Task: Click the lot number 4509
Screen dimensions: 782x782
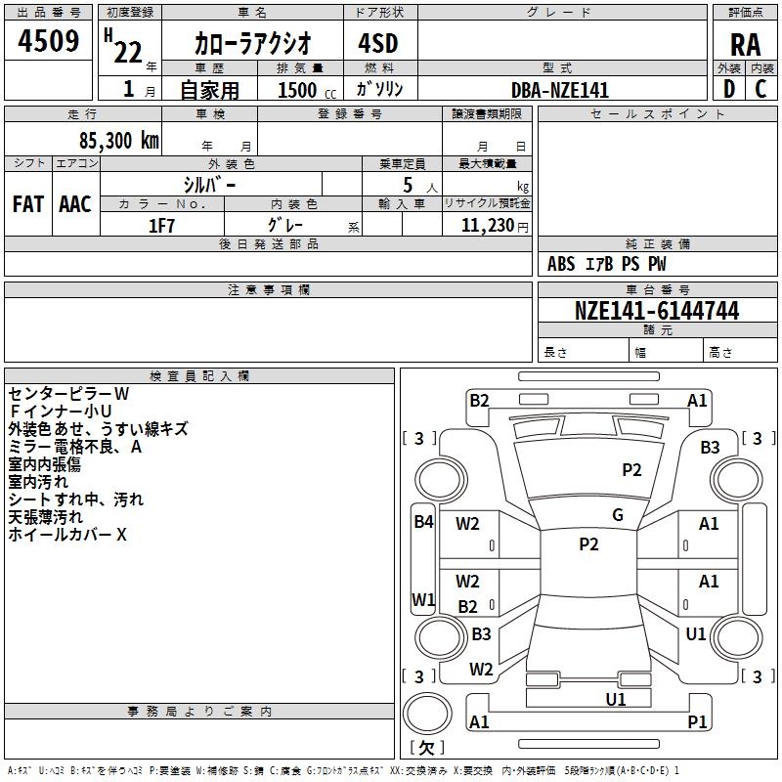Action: [x=48, y=41]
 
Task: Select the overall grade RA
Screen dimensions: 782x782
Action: [x=746, y=45]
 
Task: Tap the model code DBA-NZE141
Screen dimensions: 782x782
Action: [x=560, y=90]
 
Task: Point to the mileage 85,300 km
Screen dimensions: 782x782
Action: [x=118, y=140]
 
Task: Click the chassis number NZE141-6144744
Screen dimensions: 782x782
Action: [x=657, y=311]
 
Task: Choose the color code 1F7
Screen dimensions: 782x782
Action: [x=161, y=226]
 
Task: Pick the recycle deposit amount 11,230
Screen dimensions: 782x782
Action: [x=488, y=226]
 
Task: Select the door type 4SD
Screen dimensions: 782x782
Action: [x=378, y=43]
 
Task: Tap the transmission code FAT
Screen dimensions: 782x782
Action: [x=28, y=204]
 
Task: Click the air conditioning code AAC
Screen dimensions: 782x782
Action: [x=75, y=204]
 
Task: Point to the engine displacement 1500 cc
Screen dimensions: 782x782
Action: [x=307, y=90]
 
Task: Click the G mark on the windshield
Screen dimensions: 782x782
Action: [x=618, y=515]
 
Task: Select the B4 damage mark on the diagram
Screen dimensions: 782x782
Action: [x=423, y=522]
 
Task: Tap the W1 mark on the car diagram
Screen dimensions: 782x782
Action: [x=423, y=599]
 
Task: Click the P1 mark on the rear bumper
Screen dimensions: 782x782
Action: [x=697, y=721]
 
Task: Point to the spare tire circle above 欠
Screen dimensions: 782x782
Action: [x=427, y=714]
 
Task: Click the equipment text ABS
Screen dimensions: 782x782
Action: [x=561, y=264]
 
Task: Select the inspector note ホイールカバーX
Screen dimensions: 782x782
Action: [x=67, y=535]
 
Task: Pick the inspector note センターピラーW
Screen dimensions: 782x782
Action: [x=68, y=394]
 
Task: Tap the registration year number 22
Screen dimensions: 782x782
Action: [x=128, y=53]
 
